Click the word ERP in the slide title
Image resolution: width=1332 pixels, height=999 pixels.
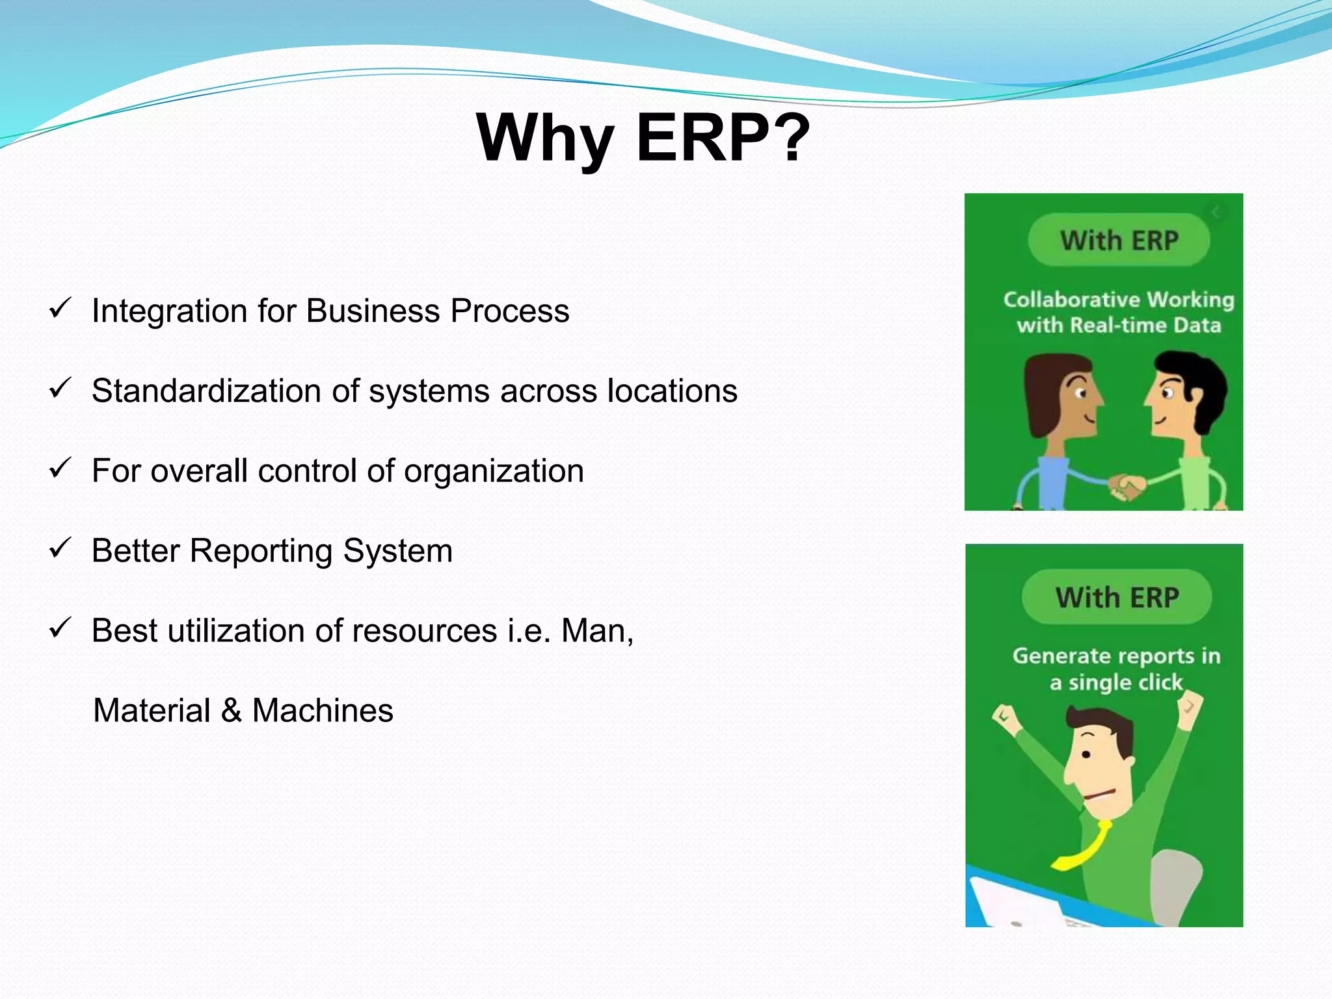point(702,138)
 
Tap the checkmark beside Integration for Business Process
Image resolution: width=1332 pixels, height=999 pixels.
point(59,308)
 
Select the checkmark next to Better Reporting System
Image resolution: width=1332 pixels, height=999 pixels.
point(59,548)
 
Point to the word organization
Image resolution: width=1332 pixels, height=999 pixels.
point(494,471)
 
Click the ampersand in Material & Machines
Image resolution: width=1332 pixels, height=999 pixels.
point(232,711)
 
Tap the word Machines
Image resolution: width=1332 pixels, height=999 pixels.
point(323,711)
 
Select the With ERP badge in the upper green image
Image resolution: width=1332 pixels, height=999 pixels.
point(1119,241)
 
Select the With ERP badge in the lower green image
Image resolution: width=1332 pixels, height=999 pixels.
point(1117,597)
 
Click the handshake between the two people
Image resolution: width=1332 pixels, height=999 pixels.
point(1126,486)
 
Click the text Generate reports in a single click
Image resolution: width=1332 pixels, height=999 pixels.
point(1116,669)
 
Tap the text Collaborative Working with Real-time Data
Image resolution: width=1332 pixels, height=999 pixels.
point(1119,312)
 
